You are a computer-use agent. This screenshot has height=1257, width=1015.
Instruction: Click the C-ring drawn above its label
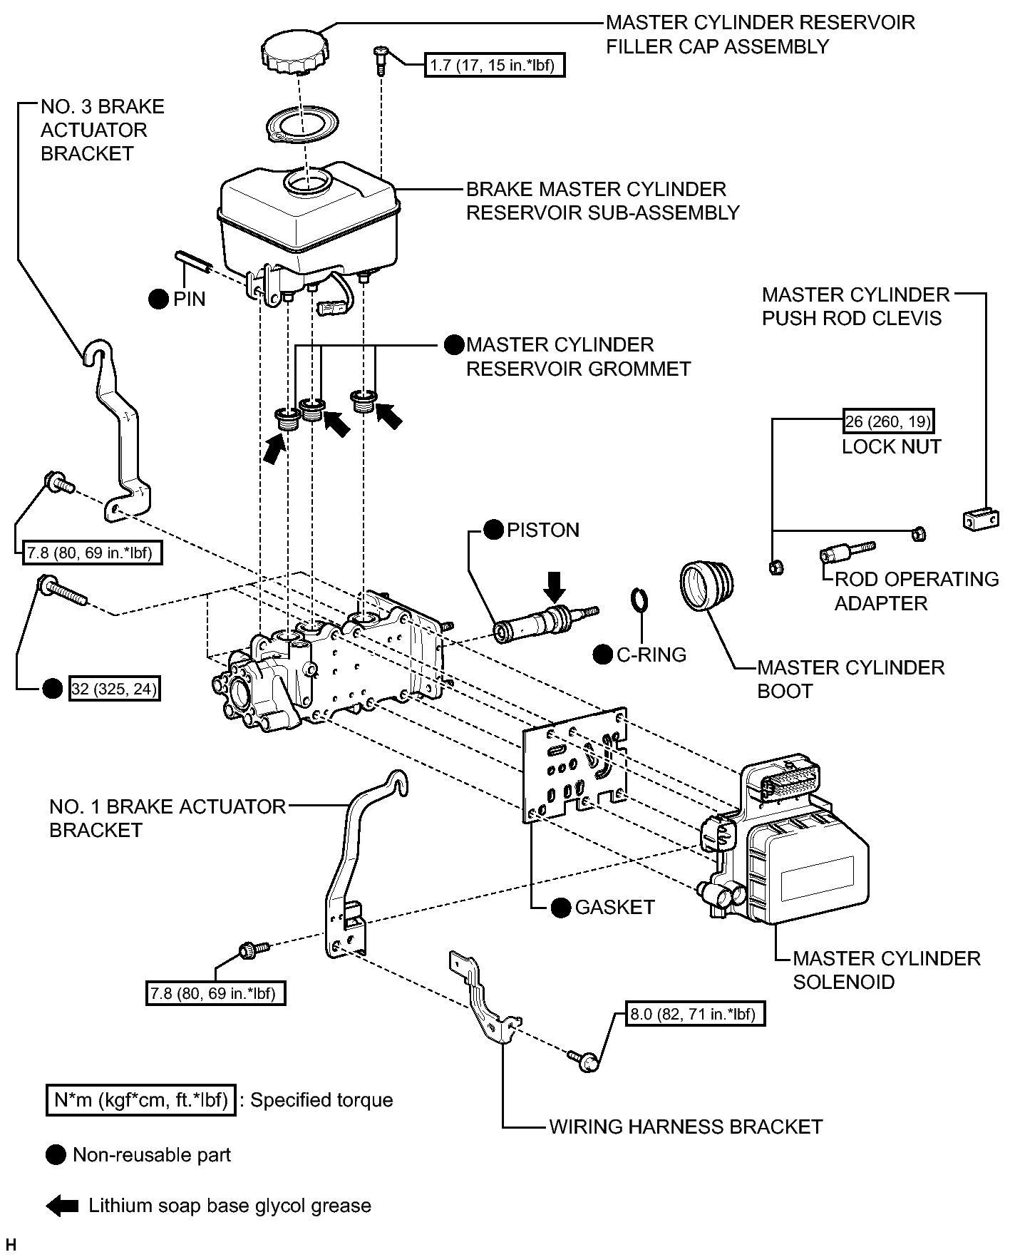(640, 600)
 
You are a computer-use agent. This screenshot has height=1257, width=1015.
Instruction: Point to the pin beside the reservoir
(195, 260)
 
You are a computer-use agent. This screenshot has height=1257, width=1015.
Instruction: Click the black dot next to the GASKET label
(562, 907)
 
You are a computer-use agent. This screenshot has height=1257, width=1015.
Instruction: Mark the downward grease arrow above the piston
(555, 586)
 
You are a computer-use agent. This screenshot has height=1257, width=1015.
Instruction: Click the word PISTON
(542, 530)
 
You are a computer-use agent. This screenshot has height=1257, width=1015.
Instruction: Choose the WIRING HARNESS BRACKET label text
(686, 1127)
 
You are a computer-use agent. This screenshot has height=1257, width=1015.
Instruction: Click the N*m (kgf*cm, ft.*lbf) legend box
(140, 1100)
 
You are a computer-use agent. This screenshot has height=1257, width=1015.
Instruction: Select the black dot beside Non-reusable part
(55, 1155)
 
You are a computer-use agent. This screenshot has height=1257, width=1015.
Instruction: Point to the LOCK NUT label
(892, 446)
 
